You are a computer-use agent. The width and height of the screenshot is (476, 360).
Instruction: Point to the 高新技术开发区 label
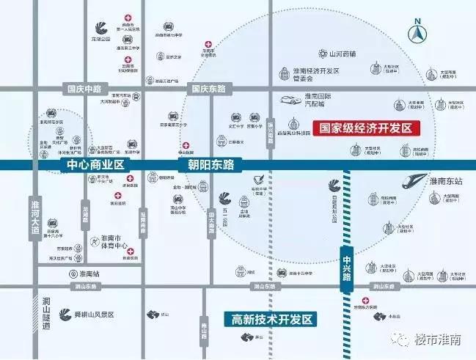coord(271,320)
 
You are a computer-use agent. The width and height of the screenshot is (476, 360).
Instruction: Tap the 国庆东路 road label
coord(209,88)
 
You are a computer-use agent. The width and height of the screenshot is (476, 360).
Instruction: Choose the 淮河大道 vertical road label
coord(34,216)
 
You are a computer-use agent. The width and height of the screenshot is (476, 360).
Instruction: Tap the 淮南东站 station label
coord(449,182)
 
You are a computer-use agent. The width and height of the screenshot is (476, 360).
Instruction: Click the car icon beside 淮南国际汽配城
coord(285,100)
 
